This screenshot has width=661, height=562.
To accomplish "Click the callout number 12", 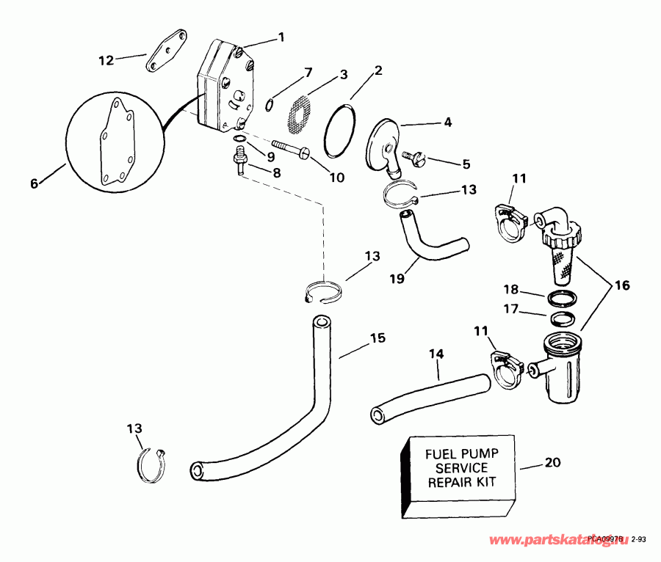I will pyautogui.click(x=106, y=60).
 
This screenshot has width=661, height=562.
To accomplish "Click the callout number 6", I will pyautogui.click(x=34, y=184).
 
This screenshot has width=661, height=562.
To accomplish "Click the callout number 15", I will pyautogui.click(x=377, y=339).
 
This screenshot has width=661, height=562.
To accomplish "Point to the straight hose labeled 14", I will pyautogui.click(x=428, y=398).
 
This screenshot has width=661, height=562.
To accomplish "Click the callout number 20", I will pyautogui.click(x=553, y=463).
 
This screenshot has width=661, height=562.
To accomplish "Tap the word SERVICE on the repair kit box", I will pyautogui.click(x=461, y=468).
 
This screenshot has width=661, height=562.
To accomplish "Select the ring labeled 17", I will pyautogui.click(x=562, y=320).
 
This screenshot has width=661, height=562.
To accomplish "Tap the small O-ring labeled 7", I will pyautogui.click(x=270, y=104).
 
